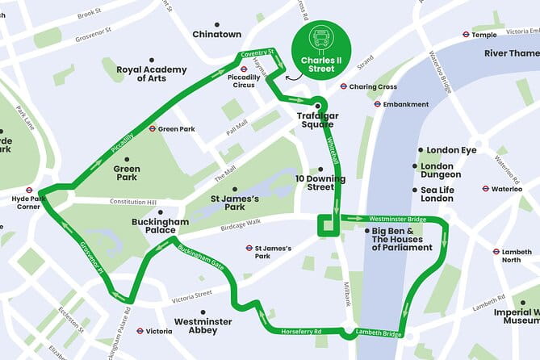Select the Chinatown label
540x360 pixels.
(216, 34)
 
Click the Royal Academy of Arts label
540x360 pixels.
(152, 73)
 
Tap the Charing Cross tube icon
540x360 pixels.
(343, 86)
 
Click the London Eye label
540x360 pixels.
(451, 150)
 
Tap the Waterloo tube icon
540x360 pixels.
(485, 189)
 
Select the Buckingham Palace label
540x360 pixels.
(160, 226)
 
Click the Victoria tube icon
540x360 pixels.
(140, 331)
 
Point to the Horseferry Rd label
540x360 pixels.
(301, 331)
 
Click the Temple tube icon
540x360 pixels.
(466, 35)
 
